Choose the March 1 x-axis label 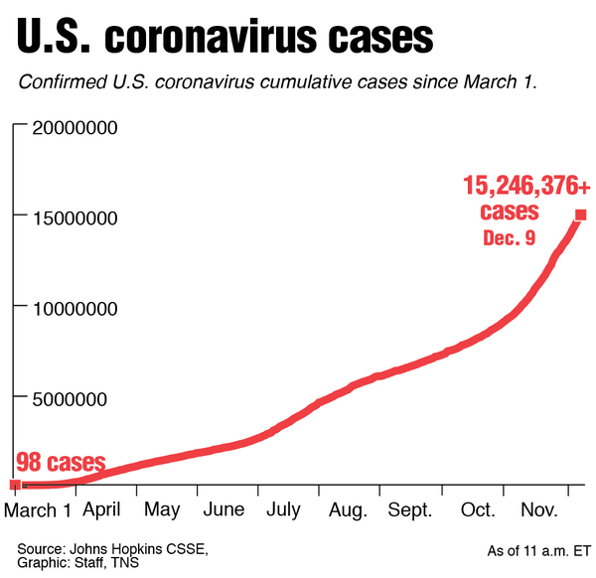[x=39, y=509]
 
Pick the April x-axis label [x=103, y=509]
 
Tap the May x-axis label [x=162, y=509]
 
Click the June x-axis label [x=223, y=509]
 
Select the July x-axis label [x=283, y=509]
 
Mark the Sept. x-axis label [x=410, y=509]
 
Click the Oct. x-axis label [x=478, y=509]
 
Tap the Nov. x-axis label [x=539, y=509]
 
